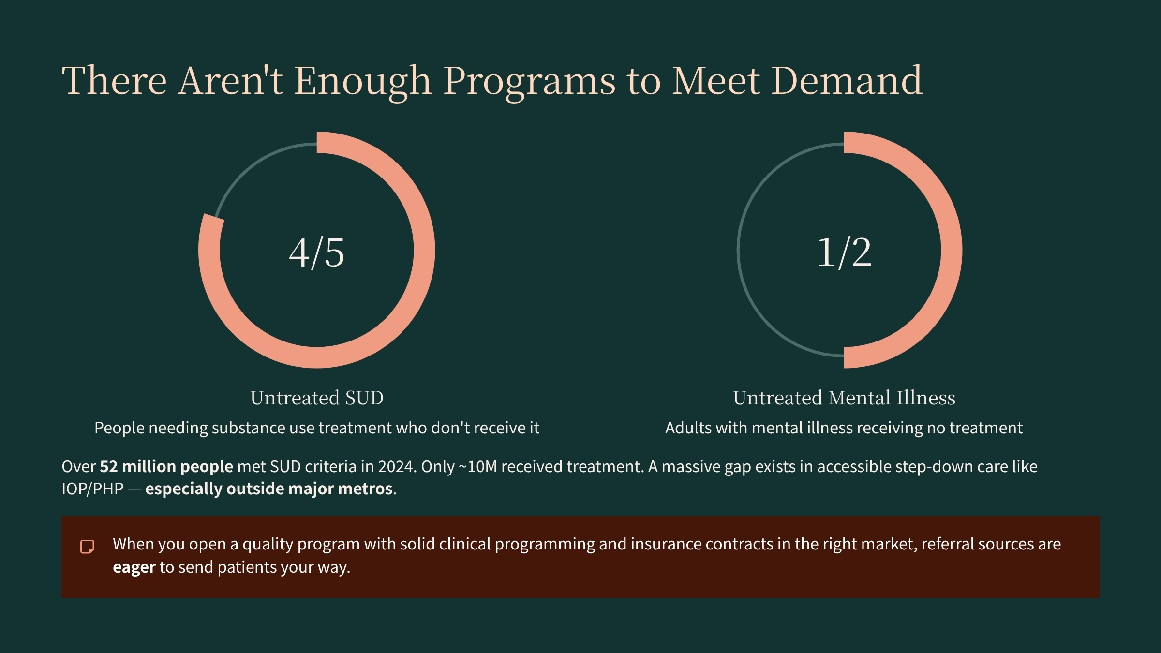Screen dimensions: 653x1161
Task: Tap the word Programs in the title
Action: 529,81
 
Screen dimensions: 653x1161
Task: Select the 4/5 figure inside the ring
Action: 317,252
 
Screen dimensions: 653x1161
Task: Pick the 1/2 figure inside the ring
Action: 844,252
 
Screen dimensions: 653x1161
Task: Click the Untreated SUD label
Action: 317,398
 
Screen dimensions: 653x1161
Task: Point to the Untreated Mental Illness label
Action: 844,398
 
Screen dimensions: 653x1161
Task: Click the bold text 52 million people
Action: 166,467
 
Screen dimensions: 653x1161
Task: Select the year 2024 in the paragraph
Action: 397,467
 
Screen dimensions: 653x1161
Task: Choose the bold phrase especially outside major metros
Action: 269,489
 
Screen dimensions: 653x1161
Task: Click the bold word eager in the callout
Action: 134,567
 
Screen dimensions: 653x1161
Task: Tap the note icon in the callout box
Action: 87,547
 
